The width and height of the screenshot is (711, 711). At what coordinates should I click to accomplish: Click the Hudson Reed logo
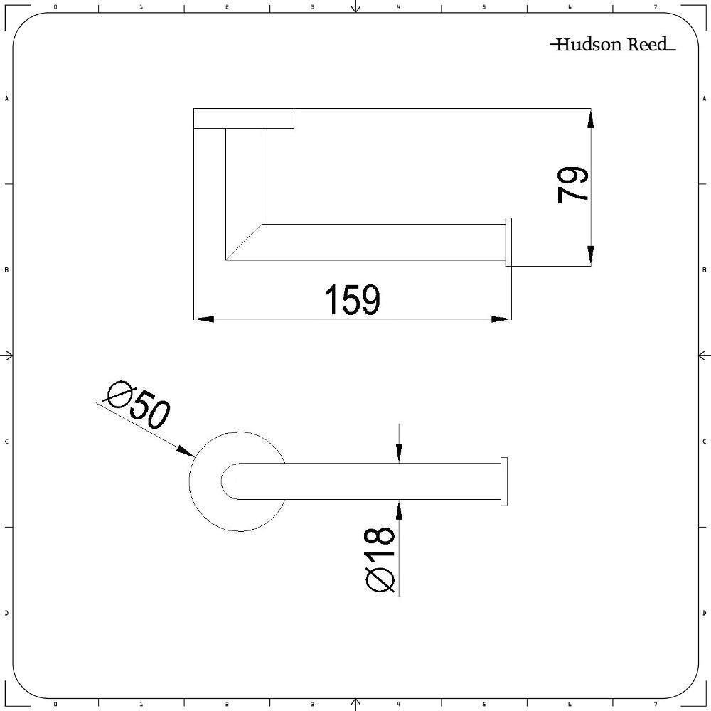[x=612, y=44]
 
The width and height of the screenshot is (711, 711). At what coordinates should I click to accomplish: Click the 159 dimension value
[x=353, y=300]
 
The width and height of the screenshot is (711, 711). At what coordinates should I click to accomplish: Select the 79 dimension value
[x=572, y=185]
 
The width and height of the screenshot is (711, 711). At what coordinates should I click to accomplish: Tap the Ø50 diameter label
[x=138, y=405]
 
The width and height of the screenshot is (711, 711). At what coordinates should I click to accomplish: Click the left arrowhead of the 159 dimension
[x=204, y=319]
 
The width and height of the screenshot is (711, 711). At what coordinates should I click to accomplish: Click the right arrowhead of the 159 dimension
[x=501, y=319]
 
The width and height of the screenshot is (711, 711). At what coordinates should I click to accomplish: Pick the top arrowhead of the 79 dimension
[x=590, y=119]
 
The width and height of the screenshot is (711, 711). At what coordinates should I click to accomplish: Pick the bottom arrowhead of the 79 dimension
[x=590, y=255]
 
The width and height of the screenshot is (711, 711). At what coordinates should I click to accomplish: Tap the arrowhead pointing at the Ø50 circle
[x=186, y=451]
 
